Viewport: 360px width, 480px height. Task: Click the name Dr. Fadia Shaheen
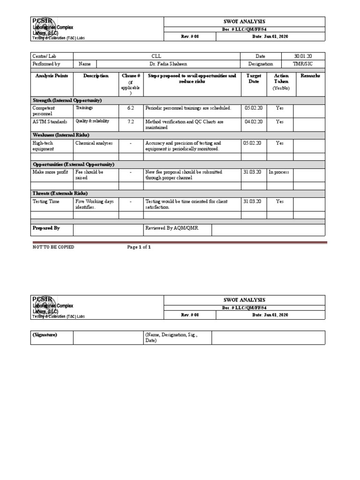point(169,64)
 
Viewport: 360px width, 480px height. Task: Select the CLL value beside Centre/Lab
point(157,56)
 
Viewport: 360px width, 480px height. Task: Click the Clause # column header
point(131,76)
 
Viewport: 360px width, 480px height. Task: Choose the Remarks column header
point(310,76)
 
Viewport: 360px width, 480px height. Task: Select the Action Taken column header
point(281,78)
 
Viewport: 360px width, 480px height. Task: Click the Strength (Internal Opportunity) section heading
point(67,100)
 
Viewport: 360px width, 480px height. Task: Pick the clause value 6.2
point(131,108)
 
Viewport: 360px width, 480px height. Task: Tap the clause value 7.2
point(131,121)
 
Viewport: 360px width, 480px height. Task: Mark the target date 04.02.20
point(253,121)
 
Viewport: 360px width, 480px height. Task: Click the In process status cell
point(279,172)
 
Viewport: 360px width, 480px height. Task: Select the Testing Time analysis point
point(45,201)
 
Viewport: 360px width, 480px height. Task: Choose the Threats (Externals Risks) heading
point(60,193)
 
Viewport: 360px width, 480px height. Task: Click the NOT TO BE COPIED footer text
point(53,247)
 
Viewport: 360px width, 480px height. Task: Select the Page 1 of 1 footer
point(139,247)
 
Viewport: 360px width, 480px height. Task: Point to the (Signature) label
point(45,335)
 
